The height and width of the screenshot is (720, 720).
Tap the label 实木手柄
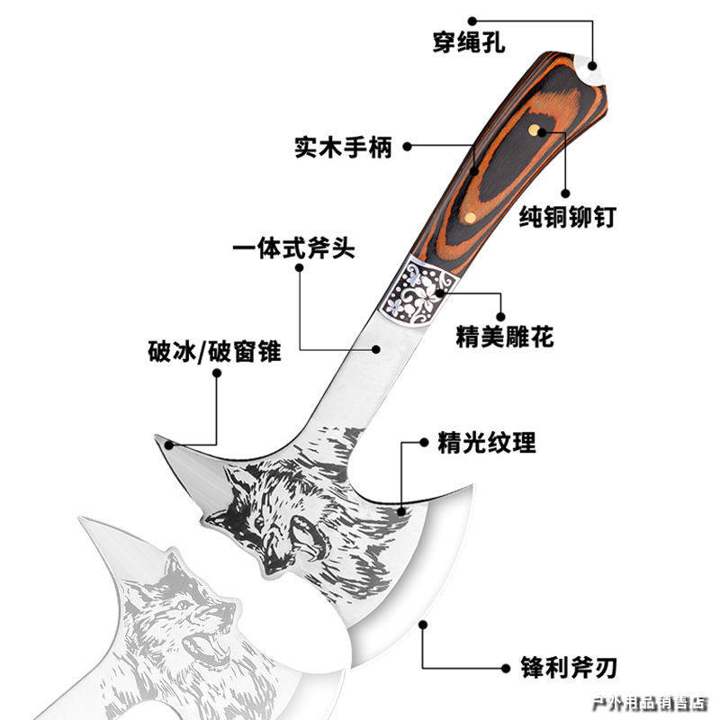pyautogui.click(x=343, y=146)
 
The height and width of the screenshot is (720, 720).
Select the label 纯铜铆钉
pyautogui.click(x=567, y=217)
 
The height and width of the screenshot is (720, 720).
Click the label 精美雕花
pyautogui.click(x=504, y=337)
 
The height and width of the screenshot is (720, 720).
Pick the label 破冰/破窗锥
pyautogui.click(x=214, y=351)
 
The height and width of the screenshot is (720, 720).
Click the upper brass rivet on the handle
pyautogui.click(x=536, y=131)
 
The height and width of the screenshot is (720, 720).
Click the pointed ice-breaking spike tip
pyautogui.click(x=162, y=438)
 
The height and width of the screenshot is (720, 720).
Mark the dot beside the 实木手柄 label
pyautogui.click(x=408, y=145)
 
